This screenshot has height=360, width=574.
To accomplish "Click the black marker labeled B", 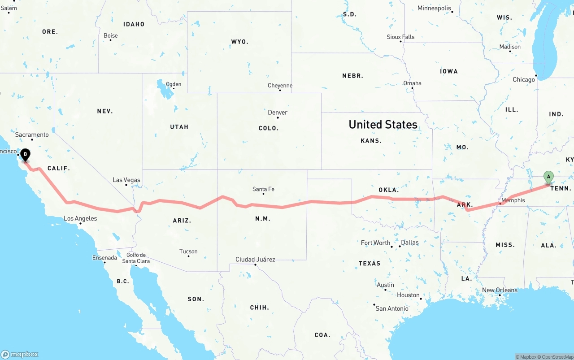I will click(26, 155).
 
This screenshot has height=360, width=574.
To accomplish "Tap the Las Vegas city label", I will click(126, 180).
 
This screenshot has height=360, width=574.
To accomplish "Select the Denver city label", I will click(278, 113).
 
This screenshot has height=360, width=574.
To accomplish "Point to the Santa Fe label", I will click(263, 189).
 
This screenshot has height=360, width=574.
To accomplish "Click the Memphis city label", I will click(513, 200).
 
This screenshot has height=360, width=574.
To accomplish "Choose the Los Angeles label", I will click(80, 219).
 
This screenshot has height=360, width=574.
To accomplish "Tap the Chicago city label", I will click(524, 80).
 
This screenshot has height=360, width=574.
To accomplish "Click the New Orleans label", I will click(500, 290).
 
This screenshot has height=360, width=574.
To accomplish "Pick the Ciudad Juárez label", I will click(255, 260).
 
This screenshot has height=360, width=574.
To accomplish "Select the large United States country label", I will click(383, 125).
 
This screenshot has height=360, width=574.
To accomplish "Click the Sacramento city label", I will click(32, 134).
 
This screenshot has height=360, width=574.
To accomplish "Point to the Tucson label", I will click(188, 252).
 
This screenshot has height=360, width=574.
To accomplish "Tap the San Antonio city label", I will click(392, 308).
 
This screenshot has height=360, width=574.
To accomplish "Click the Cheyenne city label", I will click(280, 86).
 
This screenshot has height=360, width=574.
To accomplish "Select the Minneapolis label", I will click(434, 8).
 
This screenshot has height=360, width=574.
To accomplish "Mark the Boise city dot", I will click(110, 40).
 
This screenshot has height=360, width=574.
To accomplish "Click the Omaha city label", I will click(412, 83).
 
